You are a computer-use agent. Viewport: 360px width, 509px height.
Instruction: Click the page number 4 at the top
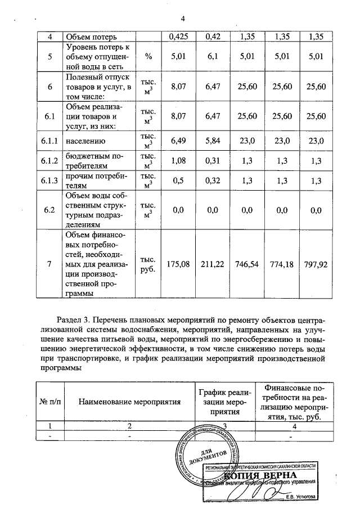coord(183,19)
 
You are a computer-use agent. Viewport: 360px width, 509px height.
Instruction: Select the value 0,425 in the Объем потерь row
coord(178,37)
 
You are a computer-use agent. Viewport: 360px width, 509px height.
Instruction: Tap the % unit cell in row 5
coord(148,56)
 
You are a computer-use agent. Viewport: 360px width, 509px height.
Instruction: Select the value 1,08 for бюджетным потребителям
coord(178,161)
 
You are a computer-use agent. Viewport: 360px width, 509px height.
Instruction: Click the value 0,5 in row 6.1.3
coord(178,181)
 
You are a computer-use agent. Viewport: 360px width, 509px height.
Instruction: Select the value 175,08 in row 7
coord(178,263)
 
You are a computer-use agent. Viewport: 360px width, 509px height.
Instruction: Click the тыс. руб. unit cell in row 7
coord(148,263)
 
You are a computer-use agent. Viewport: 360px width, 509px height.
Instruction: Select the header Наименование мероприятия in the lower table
coord(129,402)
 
